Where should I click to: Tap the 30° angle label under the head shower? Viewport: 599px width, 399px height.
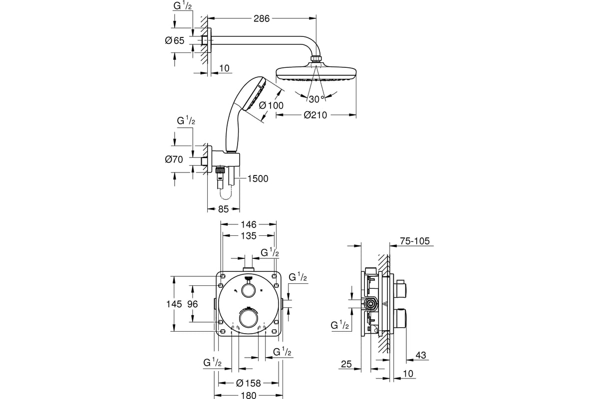pyautogui.click(x=316, y=98)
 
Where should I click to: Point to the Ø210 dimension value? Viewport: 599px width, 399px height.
pyautogui.click(x=316, y=115)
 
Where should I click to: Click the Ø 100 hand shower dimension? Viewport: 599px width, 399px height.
pyautogui.click(x=272, y=105)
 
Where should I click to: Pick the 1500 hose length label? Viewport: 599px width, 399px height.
pyautogui.click(x=258, y=179)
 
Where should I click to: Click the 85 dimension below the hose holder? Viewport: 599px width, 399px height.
pyautogui.click(x=223, y=209)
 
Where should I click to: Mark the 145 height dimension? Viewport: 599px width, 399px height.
pyautogui.click(x=181, y=304)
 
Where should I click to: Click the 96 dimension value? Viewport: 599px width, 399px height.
pyautogui.click(x=193, y=304)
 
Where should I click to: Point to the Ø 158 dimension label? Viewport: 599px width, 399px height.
pyautogui.click(x=249, y=383)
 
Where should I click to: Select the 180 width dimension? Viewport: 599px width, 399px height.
pyautogui.click(x=249, y=395)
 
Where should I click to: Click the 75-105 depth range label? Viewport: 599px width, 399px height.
pyautogui.click(x=414, y=241)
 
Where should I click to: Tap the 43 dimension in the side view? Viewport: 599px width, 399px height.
pyautogui.click(x=421, y=355)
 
